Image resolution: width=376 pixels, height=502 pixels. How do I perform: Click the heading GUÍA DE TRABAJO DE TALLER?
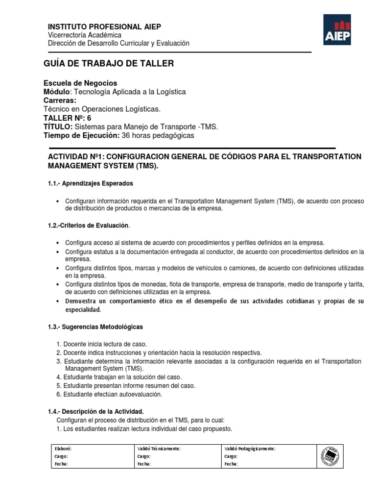tap(109, 64)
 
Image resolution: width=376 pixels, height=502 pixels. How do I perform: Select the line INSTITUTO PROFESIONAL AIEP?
tap(104, 26)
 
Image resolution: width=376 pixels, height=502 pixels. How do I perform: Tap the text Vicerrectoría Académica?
tap(85, 35)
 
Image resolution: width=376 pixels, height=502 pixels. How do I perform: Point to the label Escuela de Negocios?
tap(80, 83)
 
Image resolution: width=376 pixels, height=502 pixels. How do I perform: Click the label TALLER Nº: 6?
tap(67, 118)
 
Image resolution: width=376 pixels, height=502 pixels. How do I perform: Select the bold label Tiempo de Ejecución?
tap(81, 135)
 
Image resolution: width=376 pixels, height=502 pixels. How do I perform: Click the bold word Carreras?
tap(61, 100)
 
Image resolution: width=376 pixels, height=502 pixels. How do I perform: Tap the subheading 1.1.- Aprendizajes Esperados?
tap(91, 183)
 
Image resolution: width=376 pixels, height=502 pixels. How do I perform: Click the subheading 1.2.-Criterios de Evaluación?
tap(89, 226)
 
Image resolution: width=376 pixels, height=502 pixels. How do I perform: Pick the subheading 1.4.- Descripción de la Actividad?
tap(95, 411)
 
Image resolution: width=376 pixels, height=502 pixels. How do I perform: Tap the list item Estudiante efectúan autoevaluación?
tap(112, 394)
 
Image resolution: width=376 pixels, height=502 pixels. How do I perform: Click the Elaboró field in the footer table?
tap(64, 449)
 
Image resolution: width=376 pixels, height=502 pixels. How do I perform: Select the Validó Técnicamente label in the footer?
tap(159, 449)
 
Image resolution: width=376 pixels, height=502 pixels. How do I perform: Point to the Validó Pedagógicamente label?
tap(250, 449)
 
